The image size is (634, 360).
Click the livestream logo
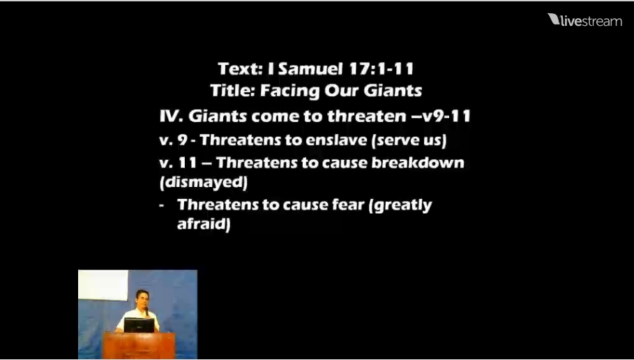[x=584, y=20]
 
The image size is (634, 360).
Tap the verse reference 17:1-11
[x=381, y=68]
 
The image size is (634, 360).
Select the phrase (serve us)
[x=409, y=140]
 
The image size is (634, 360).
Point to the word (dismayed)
[x=204, y=182]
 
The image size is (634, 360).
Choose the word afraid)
[x=204, y=224]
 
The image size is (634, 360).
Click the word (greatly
[x=400, y=206]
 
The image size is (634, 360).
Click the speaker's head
[x=142, y=298]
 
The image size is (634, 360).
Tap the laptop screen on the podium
[x=139, y=325]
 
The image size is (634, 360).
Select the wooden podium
[x=139, y=345]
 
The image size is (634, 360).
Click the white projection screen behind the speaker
[x=103, y=285]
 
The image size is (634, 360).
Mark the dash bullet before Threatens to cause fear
[x=162, y=206]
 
